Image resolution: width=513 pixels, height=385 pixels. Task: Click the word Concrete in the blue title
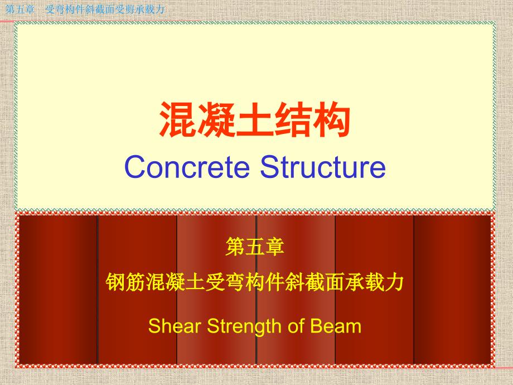[x=187, y=167]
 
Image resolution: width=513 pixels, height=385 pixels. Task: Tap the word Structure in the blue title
[x=323, y=167]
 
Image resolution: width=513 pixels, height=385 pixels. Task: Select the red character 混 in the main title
[x=178, y=119]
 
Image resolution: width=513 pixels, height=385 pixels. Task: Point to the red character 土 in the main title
[x=255, y=119]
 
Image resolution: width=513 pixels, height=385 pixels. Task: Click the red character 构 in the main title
[x=331, y=119]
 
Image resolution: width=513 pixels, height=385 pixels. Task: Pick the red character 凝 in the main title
[x=216, y=119]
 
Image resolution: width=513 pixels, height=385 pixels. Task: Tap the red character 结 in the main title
[x=293, y=119]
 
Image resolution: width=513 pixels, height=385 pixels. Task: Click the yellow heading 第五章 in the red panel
[x=255, y=247]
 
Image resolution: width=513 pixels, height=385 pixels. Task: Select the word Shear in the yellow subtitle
[x=175, y=326]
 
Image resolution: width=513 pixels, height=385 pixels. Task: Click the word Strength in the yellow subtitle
[x=245, y=327]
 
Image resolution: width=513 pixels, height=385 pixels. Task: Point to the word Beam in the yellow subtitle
[x=336, y=326]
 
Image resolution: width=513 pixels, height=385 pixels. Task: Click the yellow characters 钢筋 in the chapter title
[x=125, y=282]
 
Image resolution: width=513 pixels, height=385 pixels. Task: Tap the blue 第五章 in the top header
[x=20, y=9]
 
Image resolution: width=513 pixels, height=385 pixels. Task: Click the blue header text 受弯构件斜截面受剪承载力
[x=105, y=9]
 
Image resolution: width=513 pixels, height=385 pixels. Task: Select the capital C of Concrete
[x=135, y=167]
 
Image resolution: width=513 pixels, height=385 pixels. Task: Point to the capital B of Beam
[x=316, y=326]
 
